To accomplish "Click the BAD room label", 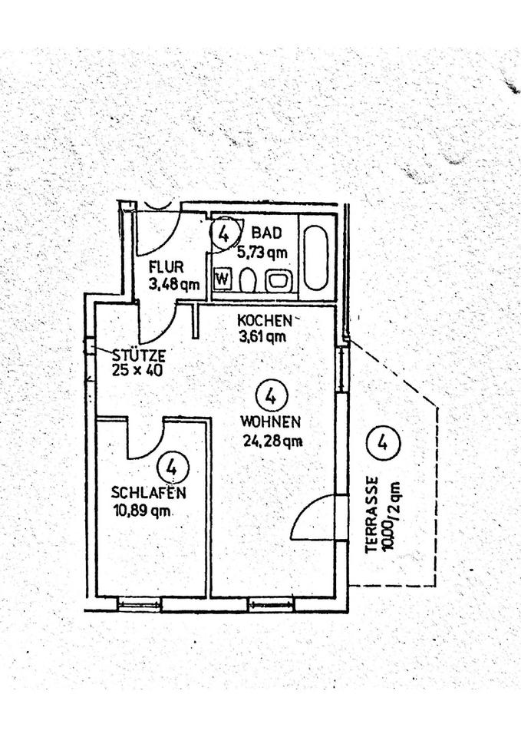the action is coord(267,232).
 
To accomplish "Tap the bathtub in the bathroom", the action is coord(315,258).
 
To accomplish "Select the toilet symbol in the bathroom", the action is coord(248,281).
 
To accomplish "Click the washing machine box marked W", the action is coord(223,279).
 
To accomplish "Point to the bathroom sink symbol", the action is coord(279,281).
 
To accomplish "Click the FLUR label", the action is coord(166,267).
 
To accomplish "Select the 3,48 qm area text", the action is coord(174,284).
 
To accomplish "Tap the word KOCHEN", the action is coord(265,321).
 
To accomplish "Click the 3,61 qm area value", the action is coord(262,336).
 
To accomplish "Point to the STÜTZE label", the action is coord(139,355).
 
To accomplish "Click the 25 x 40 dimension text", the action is coord(137,370).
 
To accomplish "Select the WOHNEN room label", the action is coord(270,421).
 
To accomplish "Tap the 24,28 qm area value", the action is coord(272,441).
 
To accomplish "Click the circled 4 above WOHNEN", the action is coord(271,396).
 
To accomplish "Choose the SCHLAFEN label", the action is coord(148,493).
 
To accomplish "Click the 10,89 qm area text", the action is coord(142,511).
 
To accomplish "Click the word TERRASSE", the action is coord(373,514).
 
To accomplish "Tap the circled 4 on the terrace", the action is coord(383,442).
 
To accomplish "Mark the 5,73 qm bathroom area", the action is coord(262,253).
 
